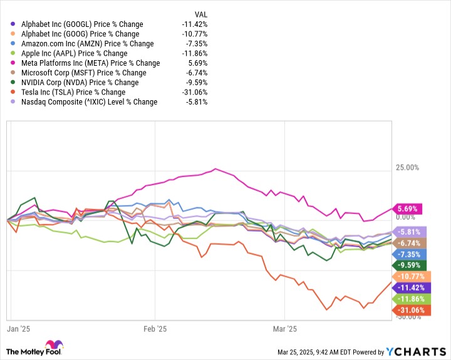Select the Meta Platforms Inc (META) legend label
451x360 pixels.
(90, 63)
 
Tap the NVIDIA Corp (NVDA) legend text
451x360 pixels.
(80, 82)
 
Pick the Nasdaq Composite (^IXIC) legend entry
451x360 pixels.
(90, 101)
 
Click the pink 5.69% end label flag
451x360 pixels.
(407, 208)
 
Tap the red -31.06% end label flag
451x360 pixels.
(409, 310)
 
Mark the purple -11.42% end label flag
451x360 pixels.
(409, 287)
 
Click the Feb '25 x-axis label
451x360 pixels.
(154, 328)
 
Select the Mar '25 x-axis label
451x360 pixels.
(284, 328)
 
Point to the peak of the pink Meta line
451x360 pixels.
(216, 168)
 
